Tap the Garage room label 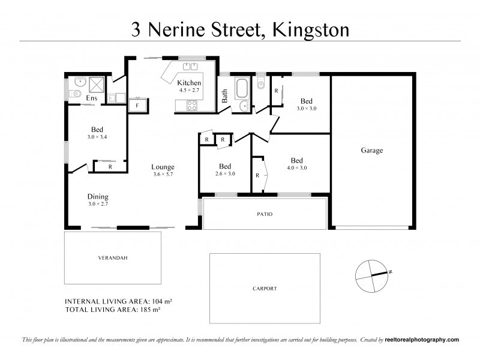tap(371, 151)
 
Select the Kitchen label tap(190, 82)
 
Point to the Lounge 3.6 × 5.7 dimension tap(163, 175)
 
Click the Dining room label tap(98, 196)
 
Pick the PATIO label tap(265, 213)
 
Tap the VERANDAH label tap(113, 258)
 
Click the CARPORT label tap(265, 289)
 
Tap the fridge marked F tap(138, 106)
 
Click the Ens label tap(92, 98)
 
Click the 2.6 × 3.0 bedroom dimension tap(226, 174)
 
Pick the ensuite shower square tap(97, 83)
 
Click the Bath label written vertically tap(225, 95)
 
